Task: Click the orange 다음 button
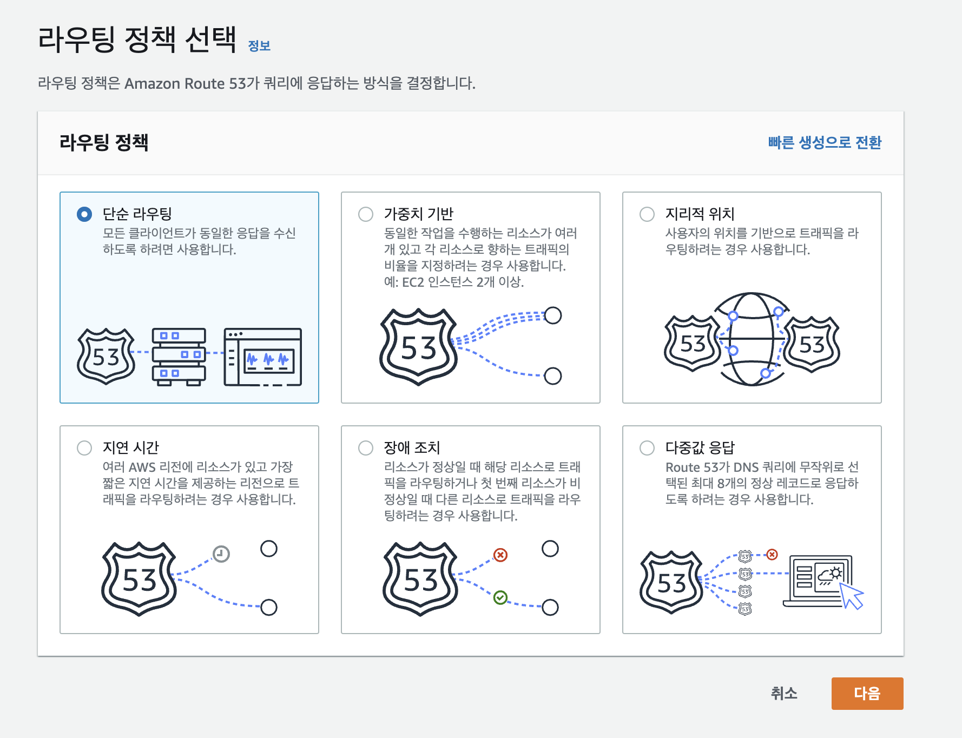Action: (867, 693)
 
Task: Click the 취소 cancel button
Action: (784, 693)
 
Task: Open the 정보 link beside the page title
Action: (259, 46)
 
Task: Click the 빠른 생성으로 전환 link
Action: (825, 142)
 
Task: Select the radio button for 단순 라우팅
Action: (84, 214)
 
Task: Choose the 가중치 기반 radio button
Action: (366, 214)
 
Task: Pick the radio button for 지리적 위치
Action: (647, 214)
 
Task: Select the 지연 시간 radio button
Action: (84, 448)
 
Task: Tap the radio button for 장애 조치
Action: (366, 448)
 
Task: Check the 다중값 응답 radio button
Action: (647, 448)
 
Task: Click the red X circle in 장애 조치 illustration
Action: (500, 555)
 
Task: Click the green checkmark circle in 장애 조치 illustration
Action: (500, 597)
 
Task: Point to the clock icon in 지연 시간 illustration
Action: (221, 553)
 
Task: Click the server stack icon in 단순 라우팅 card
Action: (179, 357)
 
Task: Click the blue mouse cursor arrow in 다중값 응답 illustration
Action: (851, 595)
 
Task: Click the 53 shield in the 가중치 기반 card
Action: (419, 347)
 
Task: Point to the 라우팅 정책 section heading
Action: (104, 142)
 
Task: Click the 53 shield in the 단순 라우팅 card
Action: (106, 357)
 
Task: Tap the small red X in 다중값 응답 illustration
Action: (772, 555)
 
